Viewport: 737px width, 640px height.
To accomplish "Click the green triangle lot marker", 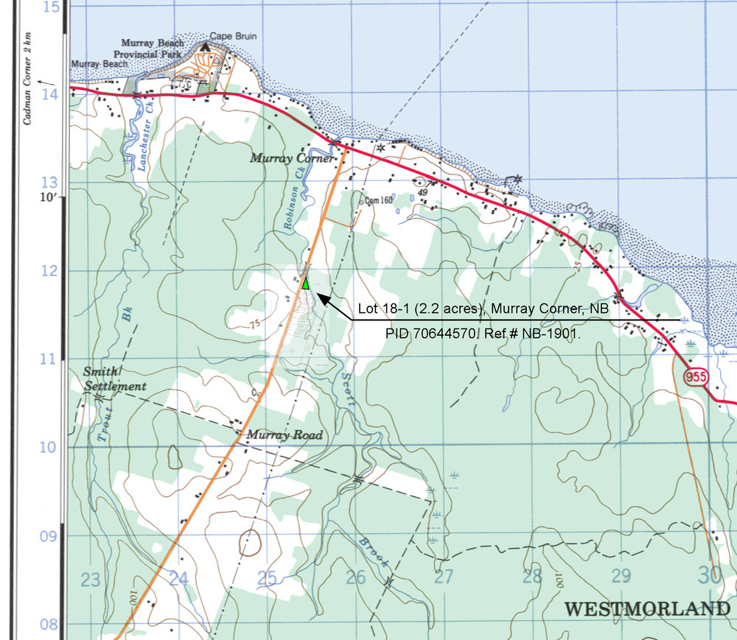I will [305, 283].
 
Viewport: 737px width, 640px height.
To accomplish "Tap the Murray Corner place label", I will [292, 158].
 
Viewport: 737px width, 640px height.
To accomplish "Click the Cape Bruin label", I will [233, 35].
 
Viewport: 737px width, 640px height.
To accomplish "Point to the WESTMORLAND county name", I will [646, 609].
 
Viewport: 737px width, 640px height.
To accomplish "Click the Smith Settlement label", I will [114, 379].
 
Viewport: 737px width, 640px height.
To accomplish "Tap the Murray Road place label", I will [284, 435].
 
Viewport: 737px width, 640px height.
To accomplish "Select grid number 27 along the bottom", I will [444, 577].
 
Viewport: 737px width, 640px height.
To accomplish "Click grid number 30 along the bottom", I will [710, 575].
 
